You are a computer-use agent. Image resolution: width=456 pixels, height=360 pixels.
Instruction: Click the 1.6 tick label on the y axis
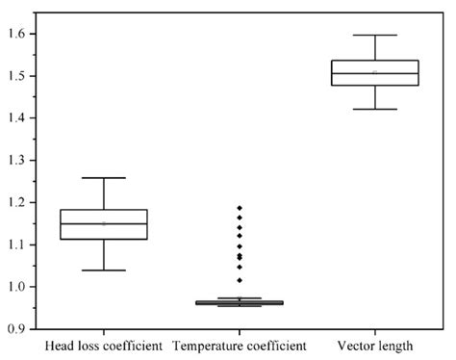[15, 34]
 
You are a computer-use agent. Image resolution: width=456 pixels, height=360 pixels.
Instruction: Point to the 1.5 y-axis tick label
[15, 76]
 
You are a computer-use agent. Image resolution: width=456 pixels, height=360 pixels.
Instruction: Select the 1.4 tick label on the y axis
[15, 118]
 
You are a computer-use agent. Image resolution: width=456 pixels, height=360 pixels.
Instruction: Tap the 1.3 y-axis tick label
[15, 161]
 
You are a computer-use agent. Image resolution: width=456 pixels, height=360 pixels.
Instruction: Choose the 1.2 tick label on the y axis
[15, 202]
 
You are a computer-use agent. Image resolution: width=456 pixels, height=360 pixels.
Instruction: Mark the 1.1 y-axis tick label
[15, 244]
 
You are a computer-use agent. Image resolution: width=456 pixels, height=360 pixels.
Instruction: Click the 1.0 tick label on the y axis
[15, 287]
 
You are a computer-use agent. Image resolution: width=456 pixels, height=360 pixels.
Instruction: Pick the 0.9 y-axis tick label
[15, 328]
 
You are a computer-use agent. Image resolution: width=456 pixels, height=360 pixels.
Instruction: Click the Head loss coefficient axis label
[104, 345]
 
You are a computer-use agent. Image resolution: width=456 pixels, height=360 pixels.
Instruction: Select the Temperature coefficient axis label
[239, 345]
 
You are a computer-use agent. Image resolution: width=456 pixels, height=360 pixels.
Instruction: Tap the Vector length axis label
[375, 345]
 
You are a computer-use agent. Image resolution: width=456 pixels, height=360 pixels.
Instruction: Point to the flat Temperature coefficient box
[240, 302]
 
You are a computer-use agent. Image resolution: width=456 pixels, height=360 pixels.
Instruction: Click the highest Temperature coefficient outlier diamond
[240, 208]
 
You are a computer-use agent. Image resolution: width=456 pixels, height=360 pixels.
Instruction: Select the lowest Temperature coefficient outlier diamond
[240, 280]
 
